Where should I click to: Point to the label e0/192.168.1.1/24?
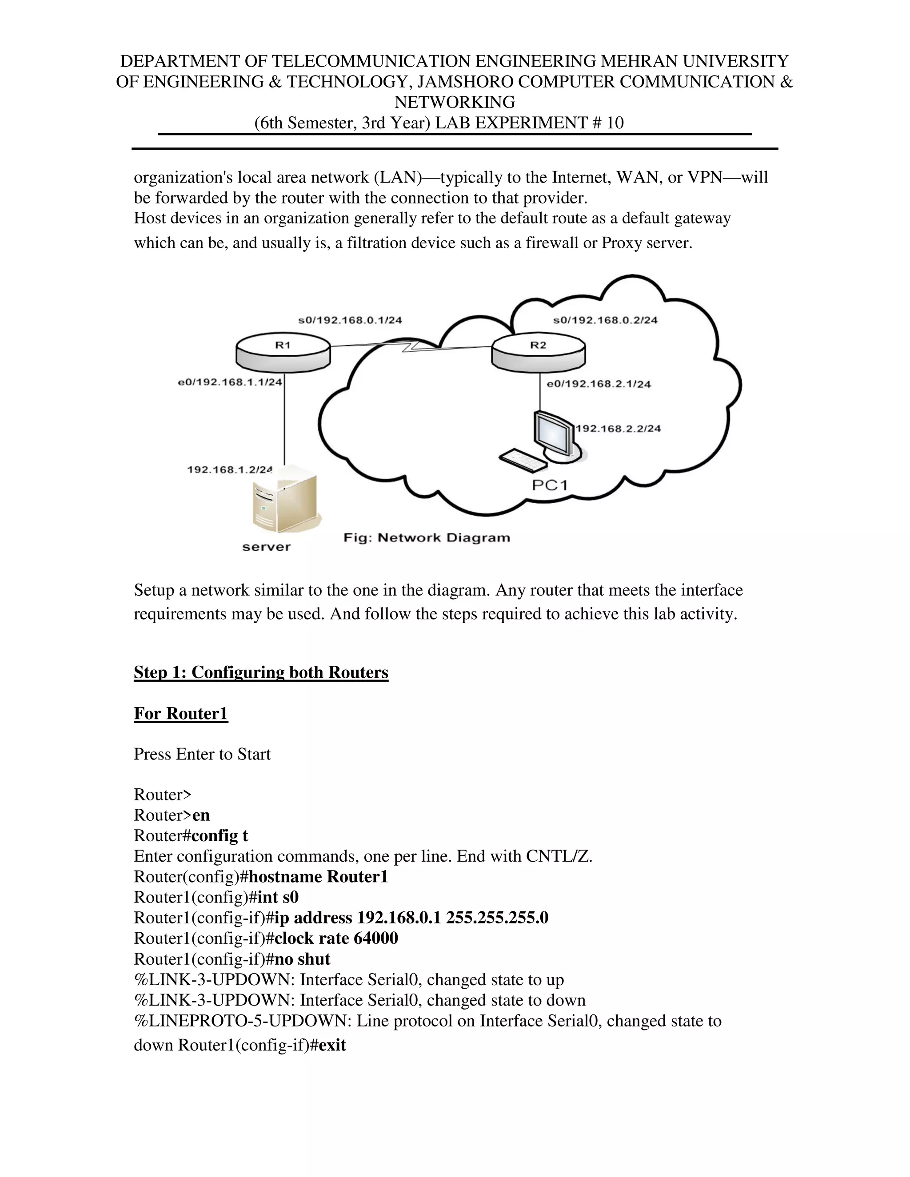230,382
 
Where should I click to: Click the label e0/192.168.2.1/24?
599,384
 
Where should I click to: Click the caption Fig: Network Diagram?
427,538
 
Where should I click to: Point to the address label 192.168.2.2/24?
619,429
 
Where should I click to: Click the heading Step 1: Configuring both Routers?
261,672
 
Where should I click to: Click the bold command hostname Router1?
318,877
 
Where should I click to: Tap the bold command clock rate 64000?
336,938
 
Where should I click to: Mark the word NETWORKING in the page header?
455,102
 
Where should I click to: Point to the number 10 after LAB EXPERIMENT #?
615,123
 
